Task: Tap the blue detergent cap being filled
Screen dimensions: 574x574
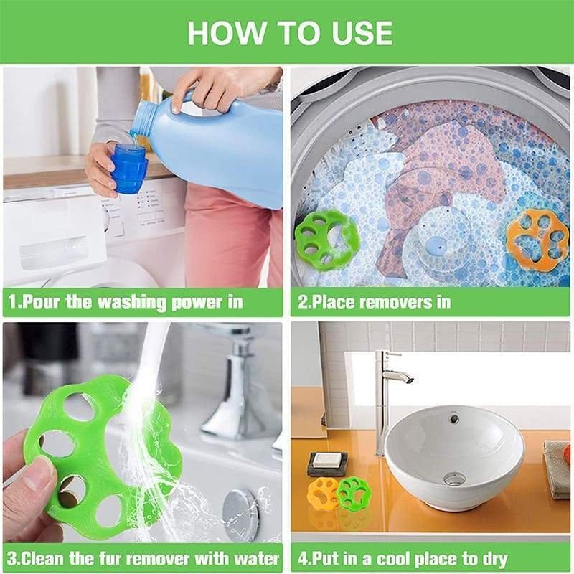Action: [x=129, y=169]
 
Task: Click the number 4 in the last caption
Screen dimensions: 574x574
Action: [x=303, y=558]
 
